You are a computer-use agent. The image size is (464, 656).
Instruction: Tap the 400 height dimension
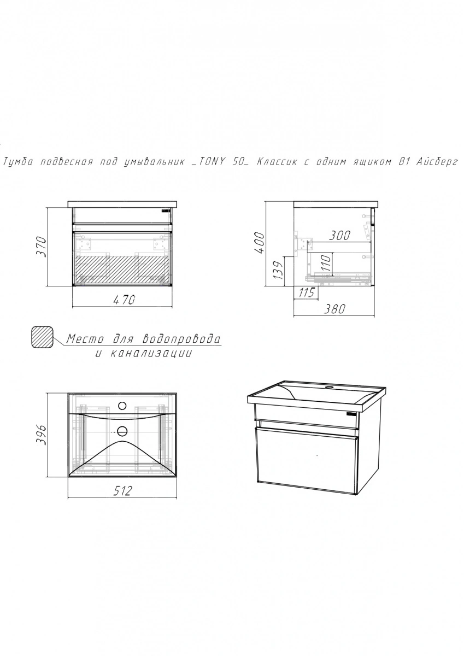(259, 243)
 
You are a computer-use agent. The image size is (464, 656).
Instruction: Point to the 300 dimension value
(339, 235)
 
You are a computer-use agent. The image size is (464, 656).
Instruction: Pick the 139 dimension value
(280, 270)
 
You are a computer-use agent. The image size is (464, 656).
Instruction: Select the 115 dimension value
(307, 292)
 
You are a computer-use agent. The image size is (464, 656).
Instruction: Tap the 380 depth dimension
(334, 309)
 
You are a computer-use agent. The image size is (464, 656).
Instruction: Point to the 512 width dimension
(122, 491)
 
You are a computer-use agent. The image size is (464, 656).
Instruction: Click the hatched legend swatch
(42, 337)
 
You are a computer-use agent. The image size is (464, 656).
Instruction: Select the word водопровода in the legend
(181, 339)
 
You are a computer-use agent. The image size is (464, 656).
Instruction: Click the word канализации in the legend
(151, 354)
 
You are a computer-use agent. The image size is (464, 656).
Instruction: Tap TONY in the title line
(210, 162)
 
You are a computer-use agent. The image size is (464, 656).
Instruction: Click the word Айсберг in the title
(437, 162)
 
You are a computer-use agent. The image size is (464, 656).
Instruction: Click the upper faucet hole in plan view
(122, 406)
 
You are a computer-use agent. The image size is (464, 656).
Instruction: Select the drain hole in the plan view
(122, 431)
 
